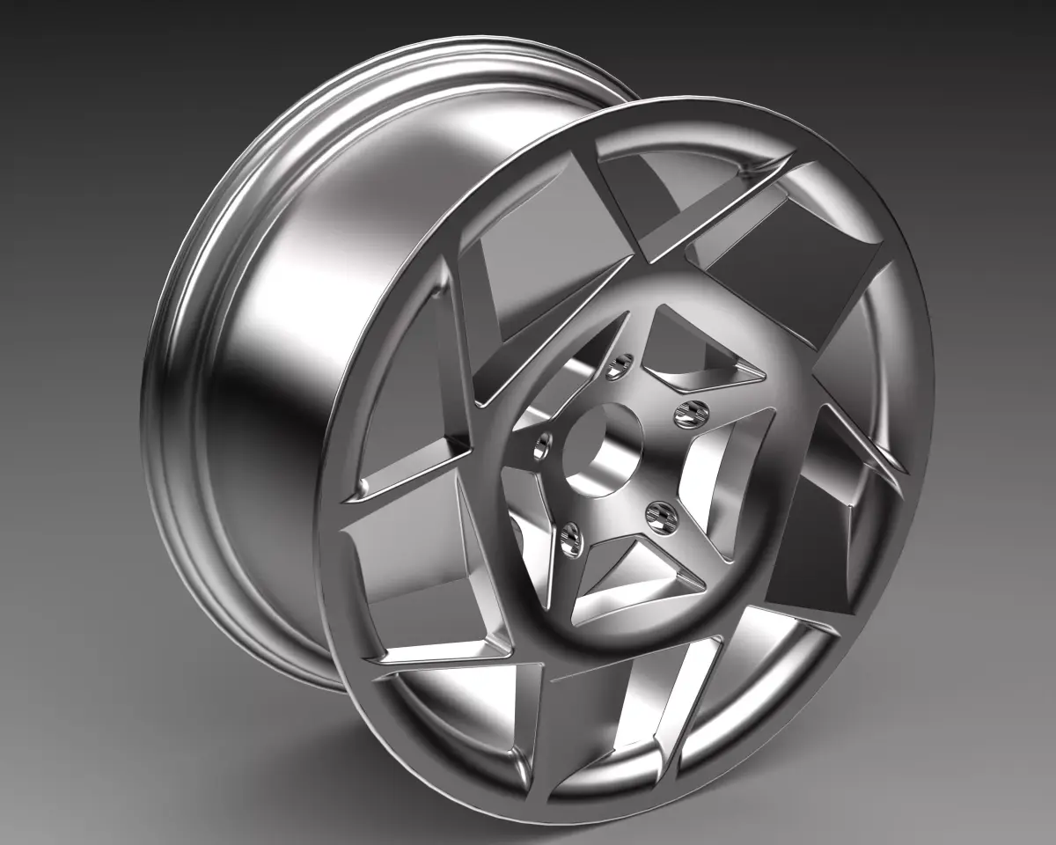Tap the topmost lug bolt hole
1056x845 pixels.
click(x=624, y=362)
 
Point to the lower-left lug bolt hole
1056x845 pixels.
click(x=570, y=538)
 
